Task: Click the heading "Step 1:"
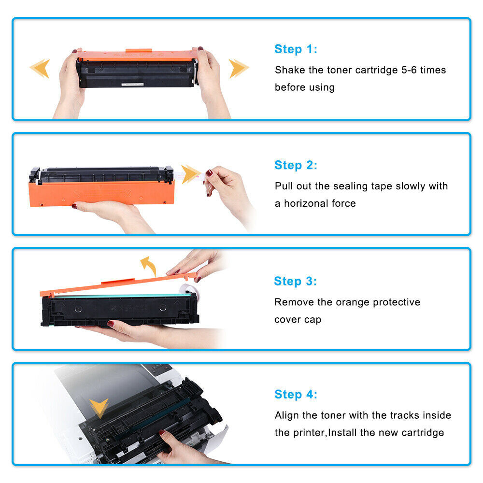(296, 49)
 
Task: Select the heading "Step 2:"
(296, 165)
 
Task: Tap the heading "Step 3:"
(295, 281)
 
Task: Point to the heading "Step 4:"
(296, 395)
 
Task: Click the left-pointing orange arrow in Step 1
(40, 68)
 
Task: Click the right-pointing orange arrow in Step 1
(239, 68)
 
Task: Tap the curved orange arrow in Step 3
(148, 265)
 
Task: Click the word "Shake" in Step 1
(290, 70)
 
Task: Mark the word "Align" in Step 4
(288, 415)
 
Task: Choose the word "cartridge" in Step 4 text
(420, 433)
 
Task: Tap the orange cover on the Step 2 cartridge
(101, 193)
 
